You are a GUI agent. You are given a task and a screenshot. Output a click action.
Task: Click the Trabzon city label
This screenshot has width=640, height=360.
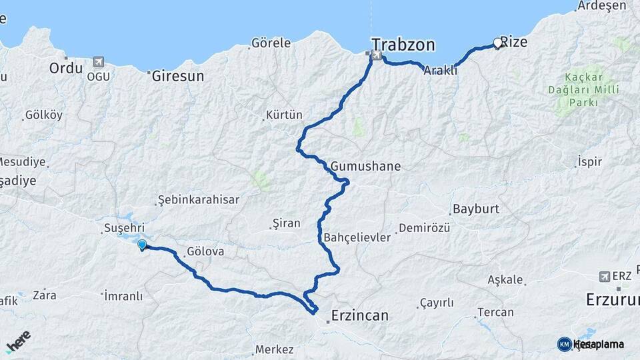[403, 45]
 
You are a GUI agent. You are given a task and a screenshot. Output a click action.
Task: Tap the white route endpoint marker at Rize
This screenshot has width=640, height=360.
[497, 43]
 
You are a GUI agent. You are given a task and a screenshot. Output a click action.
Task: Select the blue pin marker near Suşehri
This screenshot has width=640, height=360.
[142, 245]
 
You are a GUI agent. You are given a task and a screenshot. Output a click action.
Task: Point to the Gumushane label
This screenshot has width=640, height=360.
[365, 166]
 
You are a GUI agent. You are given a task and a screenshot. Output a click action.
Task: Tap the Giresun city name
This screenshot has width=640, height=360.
[178, 76]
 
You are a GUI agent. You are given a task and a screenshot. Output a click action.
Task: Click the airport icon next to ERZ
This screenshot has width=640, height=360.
[605, 276]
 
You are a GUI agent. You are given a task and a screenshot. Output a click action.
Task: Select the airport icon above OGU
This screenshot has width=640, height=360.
[99, 62]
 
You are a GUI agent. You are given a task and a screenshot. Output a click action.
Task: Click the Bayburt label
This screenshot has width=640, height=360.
[475, 209]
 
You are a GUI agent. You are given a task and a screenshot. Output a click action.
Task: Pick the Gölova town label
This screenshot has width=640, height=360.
[205, 253]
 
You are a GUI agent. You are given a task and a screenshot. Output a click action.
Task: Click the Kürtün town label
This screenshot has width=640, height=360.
[284, 115]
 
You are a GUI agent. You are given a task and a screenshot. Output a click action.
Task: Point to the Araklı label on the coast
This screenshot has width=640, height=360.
[441, 70]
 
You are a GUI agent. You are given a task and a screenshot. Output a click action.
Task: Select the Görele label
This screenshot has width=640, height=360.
[271, 43]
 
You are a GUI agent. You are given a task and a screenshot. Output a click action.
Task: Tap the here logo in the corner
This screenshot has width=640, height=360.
[19, 342]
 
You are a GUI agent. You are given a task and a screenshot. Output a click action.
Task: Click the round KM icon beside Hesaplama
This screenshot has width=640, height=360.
[564, 344]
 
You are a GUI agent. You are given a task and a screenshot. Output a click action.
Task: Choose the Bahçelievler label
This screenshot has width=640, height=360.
[357, 237]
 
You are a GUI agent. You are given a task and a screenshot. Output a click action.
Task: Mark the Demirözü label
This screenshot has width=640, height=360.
[424, 229]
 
